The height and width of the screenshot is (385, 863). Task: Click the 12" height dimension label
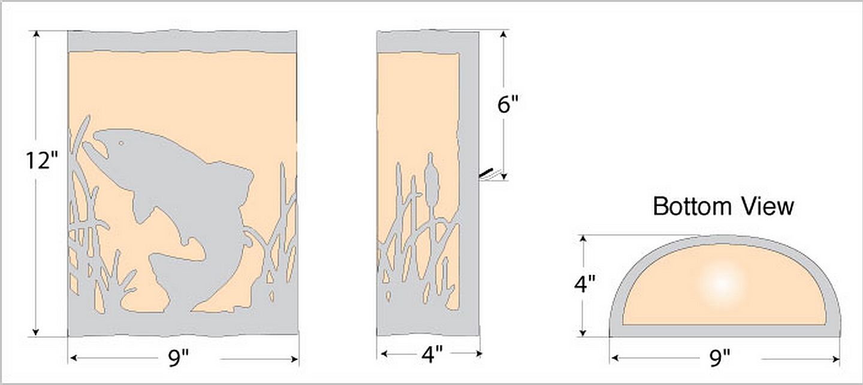point(41,160)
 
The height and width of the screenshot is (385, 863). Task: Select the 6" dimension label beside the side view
point(508,104)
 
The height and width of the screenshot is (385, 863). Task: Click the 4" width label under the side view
point(432,354)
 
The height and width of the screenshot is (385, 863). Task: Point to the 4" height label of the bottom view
point(585,284)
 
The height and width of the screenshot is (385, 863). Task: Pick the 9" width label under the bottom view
point(720,359)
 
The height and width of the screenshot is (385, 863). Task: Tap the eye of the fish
point(121,143)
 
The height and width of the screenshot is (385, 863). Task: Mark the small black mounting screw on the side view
point(486,173)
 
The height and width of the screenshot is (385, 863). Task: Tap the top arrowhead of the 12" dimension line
point(36,35)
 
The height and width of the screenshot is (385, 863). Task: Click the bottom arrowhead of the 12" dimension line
point(36,332)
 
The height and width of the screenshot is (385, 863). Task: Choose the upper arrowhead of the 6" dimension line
point(503,35)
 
